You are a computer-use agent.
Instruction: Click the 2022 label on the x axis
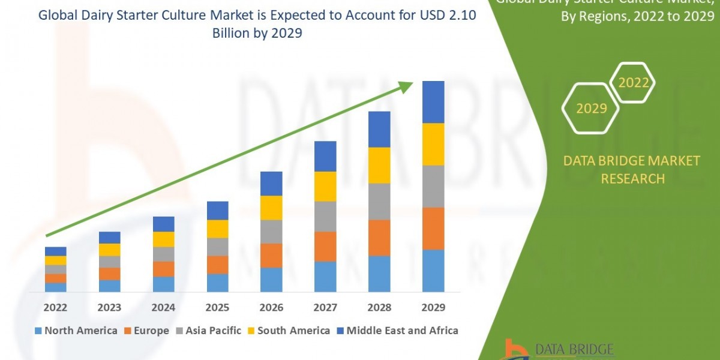[55, 308]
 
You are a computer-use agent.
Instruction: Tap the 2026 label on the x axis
[271, 308]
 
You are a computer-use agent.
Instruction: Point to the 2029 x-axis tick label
[433, 308]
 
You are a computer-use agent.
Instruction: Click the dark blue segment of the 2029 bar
[433, 102]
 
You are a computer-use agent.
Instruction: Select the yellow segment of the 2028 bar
[379, 165]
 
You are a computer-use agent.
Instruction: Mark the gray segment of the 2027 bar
[325, 216]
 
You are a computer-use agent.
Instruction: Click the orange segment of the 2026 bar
[271, 255]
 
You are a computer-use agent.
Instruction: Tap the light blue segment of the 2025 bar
[217, 283]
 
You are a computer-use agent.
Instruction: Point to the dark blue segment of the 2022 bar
[55, 251]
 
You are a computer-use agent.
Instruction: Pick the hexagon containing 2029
[590, 109]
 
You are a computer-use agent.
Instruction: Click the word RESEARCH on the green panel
[632, 179]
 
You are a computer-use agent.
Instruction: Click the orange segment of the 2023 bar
[109, 274]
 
